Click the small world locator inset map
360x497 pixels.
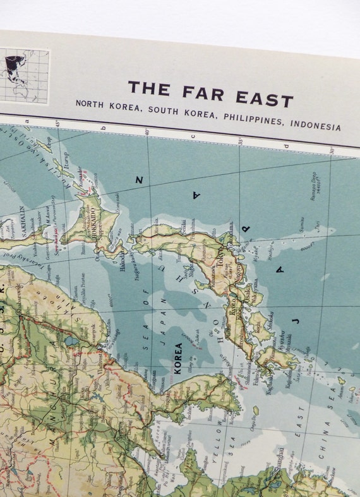coord(25,76)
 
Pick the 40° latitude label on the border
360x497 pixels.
coord(147,131)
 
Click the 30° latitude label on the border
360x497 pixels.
coord(331,150)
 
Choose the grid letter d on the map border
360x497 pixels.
coord(286,146)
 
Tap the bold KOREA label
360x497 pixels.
coord(178,358)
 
